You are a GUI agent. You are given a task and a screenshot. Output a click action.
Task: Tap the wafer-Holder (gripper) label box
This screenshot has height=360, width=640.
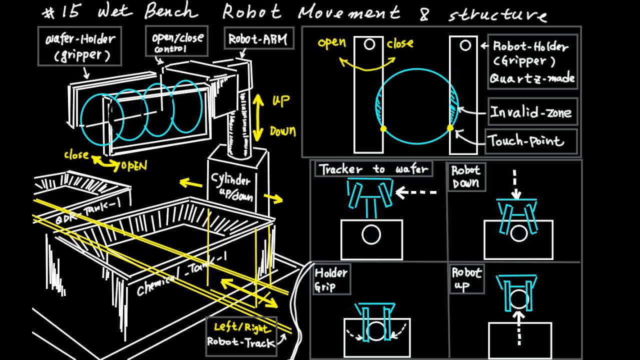[x=79, y=46]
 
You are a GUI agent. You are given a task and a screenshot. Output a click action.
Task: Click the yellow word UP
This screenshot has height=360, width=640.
[x=280, y=101]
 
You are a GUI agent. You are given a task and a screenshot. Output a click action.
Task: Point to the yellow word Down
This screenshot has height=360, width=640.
[x=282, y=132]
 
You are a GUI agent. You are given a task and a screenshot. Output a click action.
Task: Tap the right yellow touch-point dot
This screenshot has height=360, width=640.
[x=450, y=128]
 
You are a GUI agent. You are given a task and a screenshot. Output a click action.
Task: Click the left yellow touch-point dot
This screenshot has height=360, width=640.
[x=383, y=128]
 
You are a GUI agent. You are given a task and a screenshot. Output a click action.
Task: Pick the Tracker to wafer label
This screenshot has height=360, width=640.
[x=373, y=169]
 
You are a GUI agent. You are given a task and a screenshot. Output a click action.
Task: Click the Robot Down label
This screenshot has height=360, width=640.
[x=466, y=176]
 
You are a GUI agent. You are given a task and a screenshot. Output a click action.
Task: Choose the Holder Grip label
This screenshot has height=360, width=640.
[x=331, y=279]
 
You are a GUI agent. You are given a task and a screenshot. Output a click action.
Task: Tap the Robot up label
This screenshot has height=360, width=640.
[x=466, y=279]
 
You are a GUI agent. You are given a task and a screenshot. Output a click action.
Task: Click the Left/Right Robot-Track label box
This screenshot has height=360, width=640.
[x=241, y=335]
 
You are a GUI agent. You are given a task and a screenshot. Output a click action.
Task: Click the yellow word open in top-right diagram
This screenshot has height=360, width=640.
[x=331, y=42]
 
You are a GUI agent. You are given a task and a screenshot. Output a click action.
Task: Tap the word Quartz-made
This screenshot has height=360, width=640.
[x=531, y=78]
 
